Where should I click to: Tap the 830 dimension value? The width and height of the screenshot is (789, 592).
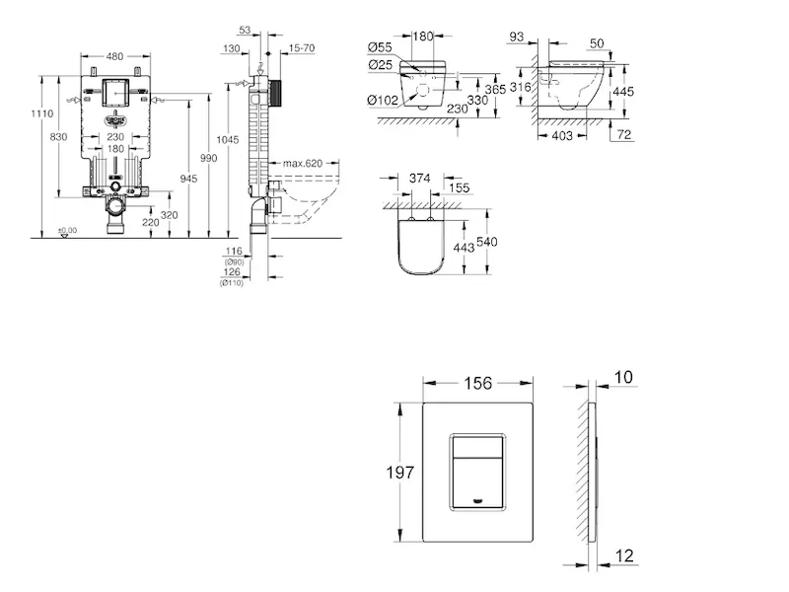point(59,136)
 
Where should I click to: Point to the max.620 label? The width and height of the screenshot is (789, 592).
point(303,163)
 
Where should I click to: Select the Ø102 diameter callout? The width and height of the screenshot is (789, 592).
point(382,99)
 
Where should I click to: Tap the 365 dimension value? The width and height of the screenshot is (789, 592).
point(495,90)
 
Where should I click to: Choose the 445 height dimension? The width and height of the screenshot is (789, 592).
point(622,91)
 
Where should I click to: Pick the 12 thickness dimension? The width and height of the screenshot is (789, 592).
point(625,555)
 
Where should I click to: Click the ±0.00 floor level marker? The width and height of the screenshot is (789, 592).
point(67,231)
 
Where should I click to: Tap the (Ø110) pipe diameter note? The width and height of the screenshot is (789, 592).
point(233,283)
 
